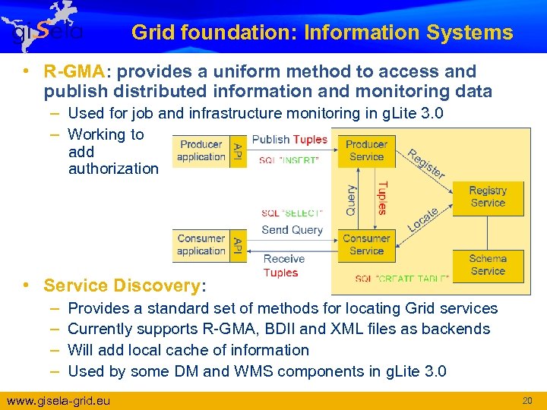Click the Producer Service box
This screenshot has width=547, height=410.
(366, 150)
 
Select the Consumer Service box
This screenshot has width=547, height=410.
(366, 244)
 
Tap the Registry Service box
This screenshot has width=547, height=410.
(487, 197)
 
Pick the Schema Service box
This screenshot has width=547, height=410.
(487, 265)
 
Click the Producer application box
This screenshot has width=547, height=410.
(201, 150)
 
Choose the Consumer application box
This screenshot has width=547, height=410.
(201, 244)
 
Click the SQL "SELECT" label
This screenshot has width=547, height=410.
(292, 213)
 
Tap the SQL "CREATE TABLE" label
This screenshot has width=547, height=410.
(402, 279)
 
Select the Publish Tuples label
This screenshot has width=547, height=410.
(289, 140)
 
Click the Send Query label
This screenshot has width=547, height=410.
(292, 229)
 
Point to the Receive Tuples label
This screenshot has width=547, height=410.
(283, 266)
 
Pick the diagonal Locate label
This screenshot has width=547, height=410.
(423, 220)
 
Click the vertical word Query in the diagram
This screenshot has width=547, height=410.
(351, 200)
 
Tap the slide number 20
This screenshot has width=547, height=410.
(527, 400)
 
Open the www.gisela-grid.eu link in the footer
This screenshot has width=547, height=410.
(58, 400)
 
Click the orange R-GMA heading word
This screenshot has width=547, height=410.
(74, 72)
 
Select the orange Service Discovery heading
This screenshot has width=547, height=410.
(122, 285)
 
